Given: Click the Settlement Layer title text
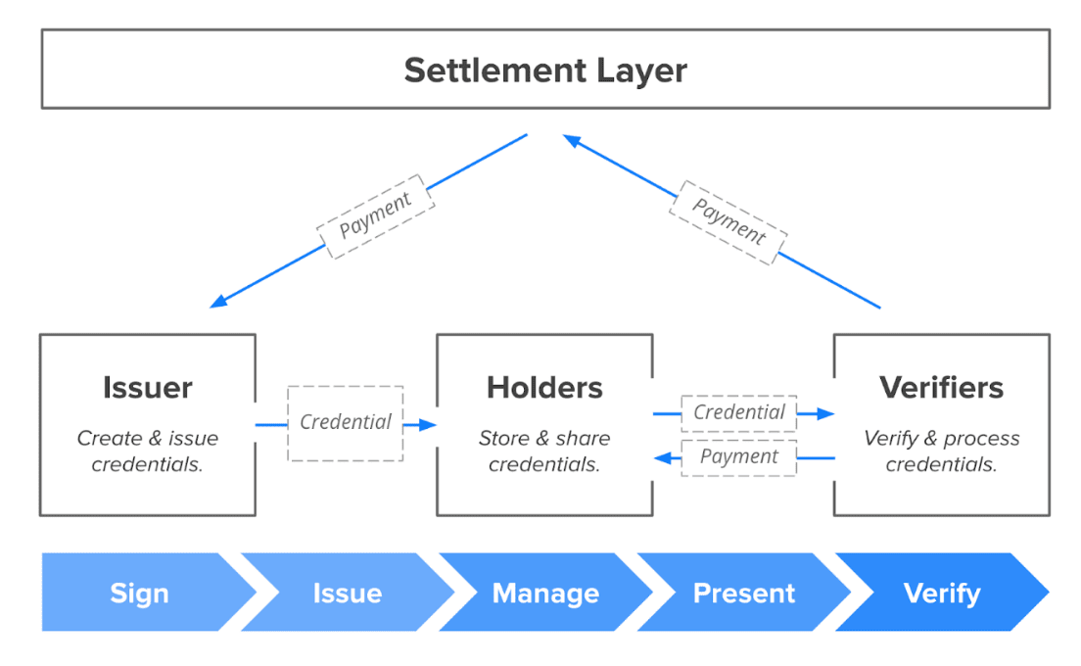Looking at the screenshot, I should (x=545, y=71).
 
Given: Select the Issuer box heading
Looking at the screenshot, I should (x=147, y=388).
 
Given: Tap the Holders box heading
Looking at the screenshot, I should (x=544, y=388).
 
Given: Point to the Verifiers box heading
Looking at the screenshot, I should (x=941, y=388).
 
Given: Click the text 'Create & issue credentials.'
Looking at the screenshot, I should (x=147, y=452).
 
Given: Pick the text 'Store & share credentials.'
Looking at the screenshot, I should (x=544, y=452).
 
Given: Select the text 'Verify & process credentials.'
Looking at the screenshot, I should (x=941, y=452).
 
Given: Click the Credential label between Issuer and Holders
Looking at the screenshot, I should (x=346, y=423).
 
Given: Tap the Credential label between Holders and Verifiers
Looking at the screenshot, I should (x=739, y=413).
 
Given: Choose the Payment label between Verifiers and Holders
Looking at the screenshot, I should (x=739, y=457).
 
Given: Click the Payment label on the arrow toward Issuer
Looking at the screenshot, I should (x=375, y=216).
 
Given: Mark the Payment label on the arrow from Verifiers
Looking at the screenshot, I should (x=728, y=222).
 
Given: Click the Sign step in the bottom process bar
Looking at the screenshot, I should (x=139, y=594).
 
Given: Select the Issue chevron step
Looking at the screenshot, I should (x=347, y=594).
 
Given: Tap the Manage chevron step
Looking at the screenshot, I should (x=545, y=594).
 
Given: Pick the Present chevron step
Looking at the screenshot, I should (x=744, y=594).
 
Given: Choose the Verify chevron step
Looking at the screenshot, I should (x=942, y=594).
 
